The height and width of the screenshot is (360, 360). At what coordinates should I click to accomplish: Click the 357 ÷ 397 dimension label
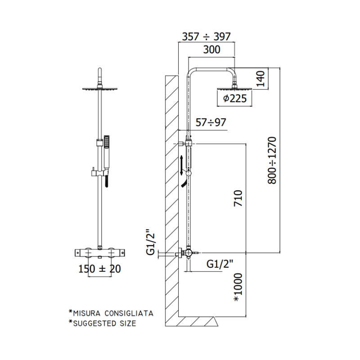tap(206, 36)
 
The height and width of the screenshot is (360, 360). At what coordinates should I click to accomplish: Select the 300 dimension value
tap(211, 49)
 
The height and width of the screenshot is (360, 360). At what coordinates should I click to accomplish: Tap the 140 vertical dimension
tap(261, 78)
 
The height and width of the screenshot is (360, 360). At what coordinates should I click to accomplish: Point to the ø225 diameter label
tap(234, 99)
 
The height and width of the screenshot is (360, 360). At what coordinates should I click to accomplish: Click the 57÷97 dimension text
tap(211, 122)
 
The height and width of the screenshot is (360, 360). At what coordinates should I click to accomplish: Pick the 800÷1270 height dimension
tap(272, 160)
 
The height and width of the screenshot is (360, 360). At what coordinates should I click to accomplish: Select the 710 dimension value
tap(238, 198)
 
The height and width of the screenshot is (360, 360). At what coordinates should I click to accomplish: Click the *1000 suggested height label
tap(238, 287)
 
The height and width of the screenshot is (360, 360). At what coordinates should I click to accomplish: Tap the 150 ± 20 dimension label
tap(99, 269)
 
